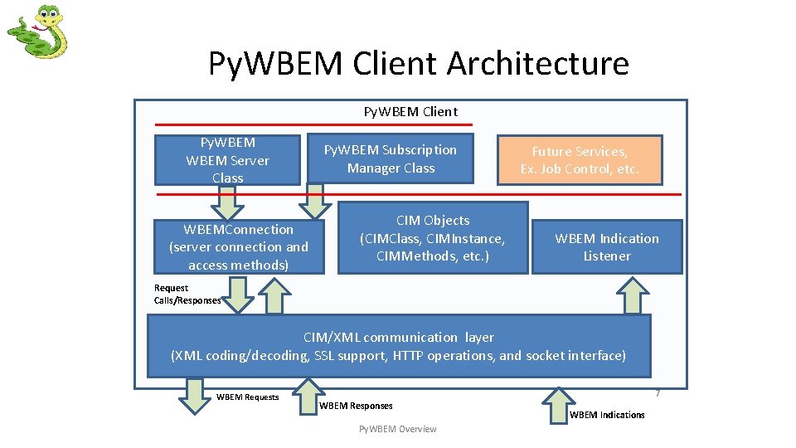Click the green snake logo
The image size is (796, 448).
click(x=36, y=32)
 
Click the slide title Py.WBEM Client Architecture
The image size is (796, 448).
click(x=418, y=63)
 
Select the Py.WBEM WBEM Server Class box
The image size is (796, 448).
click(x=227, y=160)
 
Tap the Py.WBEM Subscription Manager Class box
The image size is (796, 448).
click(x=391, y=159)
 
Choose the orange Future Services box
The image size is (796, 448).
click(x=580, y=160)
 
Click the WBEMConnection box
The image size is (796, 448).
click(x=239, y=247)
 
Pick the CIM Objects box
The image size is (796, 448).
click(x=433, y=238)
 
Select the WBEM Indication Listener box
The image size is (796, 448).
click(x=607, y=247)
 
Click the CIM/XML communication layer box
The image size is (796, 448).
click(x=398, y=346)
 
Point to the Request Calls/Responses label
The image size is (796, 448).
click(x=187, y=295)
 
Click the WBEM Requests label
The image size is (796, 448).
click(x=247, y=397)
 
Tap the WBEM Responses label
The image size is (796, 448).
click(x=356, y=406)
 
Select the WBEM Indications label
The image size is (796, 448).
click(x=607, y=415)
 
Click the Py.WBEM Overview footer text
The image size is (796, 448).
click(x=397, y=429)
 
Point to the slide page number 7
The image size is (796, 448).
click(x=657, y=392)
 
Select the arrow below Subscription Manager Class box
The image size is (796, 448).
click(x=314, y=199)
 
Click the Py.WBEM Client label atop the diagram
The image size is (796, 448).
click(x=410, y=111)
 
